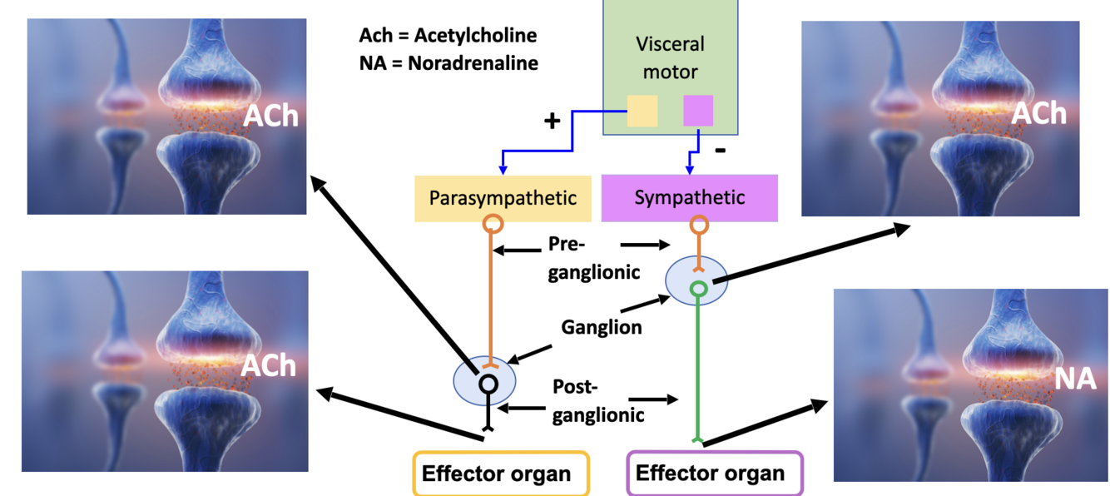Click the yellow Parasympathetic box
tap(503, 198)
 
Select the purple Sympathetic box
tap(689, 198)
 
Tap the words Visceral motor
tap(670, 58)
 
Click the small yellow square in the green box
tap(642, 111)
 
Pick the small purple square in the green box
tap(698, 111)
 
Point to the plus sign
tap(552, 121)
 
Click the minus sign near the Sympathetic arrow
tap(721, 150)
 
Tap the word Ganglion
tap(601, 327)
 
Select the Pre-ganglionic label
tap(593, 258)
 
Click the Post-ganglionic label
tap(598, 401)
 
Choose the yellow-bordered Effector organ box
tap(501, 474)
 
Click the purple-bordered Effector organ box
tap(715, 473)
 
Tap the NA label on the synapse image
tap(1075, 379)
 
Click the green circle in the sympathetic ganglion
tap(699, 289)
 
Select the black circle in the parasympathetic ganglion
tap(488, 384)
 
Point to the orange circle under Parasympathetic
tap(493, 224)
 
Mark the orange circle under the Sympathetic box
tap(699, 225)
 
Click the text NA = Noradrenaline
tap(448, 63)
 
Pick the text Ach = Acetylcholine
tap(448, 35)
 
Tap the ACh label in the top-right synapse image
tap(1038, 113)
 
